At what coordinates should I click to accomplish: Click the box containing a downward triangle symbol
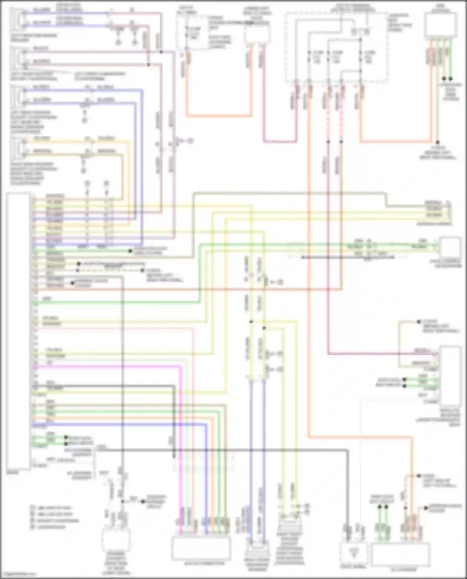[x=353, y=552]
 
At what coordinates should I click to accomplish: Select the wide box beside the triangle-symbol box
[x=401, y=554]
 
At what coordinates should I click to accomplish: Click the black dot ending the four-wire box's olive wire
[x=437, y=142]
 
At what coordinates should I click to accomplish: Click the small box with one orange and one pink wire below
[x=257, y=34]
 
